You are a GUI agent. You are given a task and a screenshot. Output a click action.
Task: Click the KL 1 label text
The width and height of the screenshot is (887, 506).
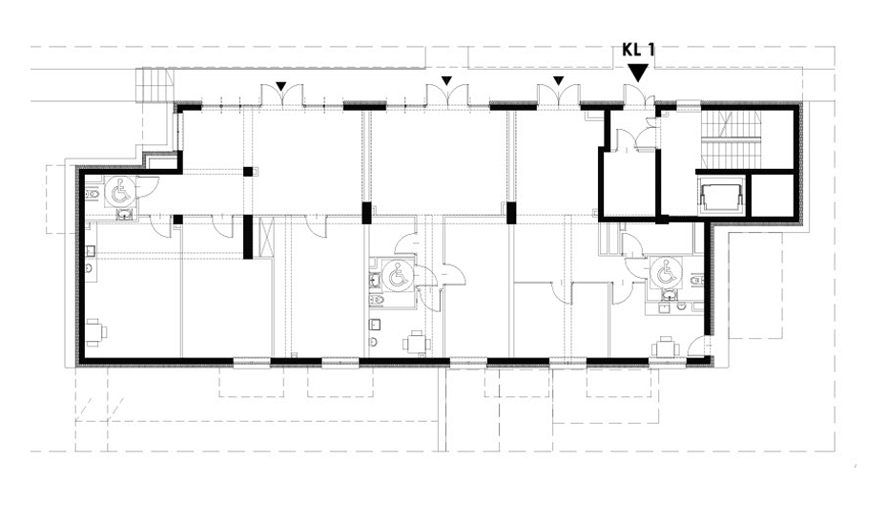click(638, 50)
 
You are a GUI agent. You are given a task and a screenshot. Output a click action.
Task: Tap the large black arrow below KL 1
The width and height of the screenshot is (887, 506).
click(639, 72)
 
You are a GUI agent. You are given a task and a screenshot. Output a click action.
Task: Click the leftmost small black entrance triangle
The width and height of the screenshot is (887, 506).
click(281, 86)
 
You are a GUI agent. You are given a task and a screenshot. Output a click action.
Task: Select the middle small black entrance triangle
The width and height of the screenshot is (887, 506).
click(447, 81)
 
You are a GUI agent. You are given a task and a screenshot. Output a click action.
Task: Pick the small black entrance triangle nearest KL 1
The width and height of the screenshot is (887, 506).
click(559, 81)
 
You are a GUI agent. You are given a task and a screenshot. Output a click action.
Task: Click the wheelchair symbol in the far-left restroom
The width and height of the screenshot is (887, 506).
click(120, 191)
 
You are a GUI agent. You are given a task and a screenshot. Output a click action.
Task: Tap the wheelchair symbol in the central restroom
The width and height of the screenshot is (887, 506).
click(397, 277)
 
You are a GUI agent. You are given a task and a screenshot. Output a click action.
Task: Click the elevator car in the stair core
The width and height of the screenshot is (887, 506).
click(721, 197)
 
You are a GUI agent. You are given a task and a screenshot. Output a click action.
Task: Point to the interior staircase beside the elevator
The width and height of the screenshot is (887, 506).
click(731, 138)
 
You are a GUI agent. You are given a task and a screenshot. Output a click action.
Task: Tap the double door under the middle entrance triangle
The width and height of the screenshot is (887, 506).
click(447, 95)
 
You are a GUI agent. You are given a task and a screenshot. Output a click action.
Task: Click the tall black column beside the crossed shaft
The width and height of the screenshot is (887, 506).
click(248, 237)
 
